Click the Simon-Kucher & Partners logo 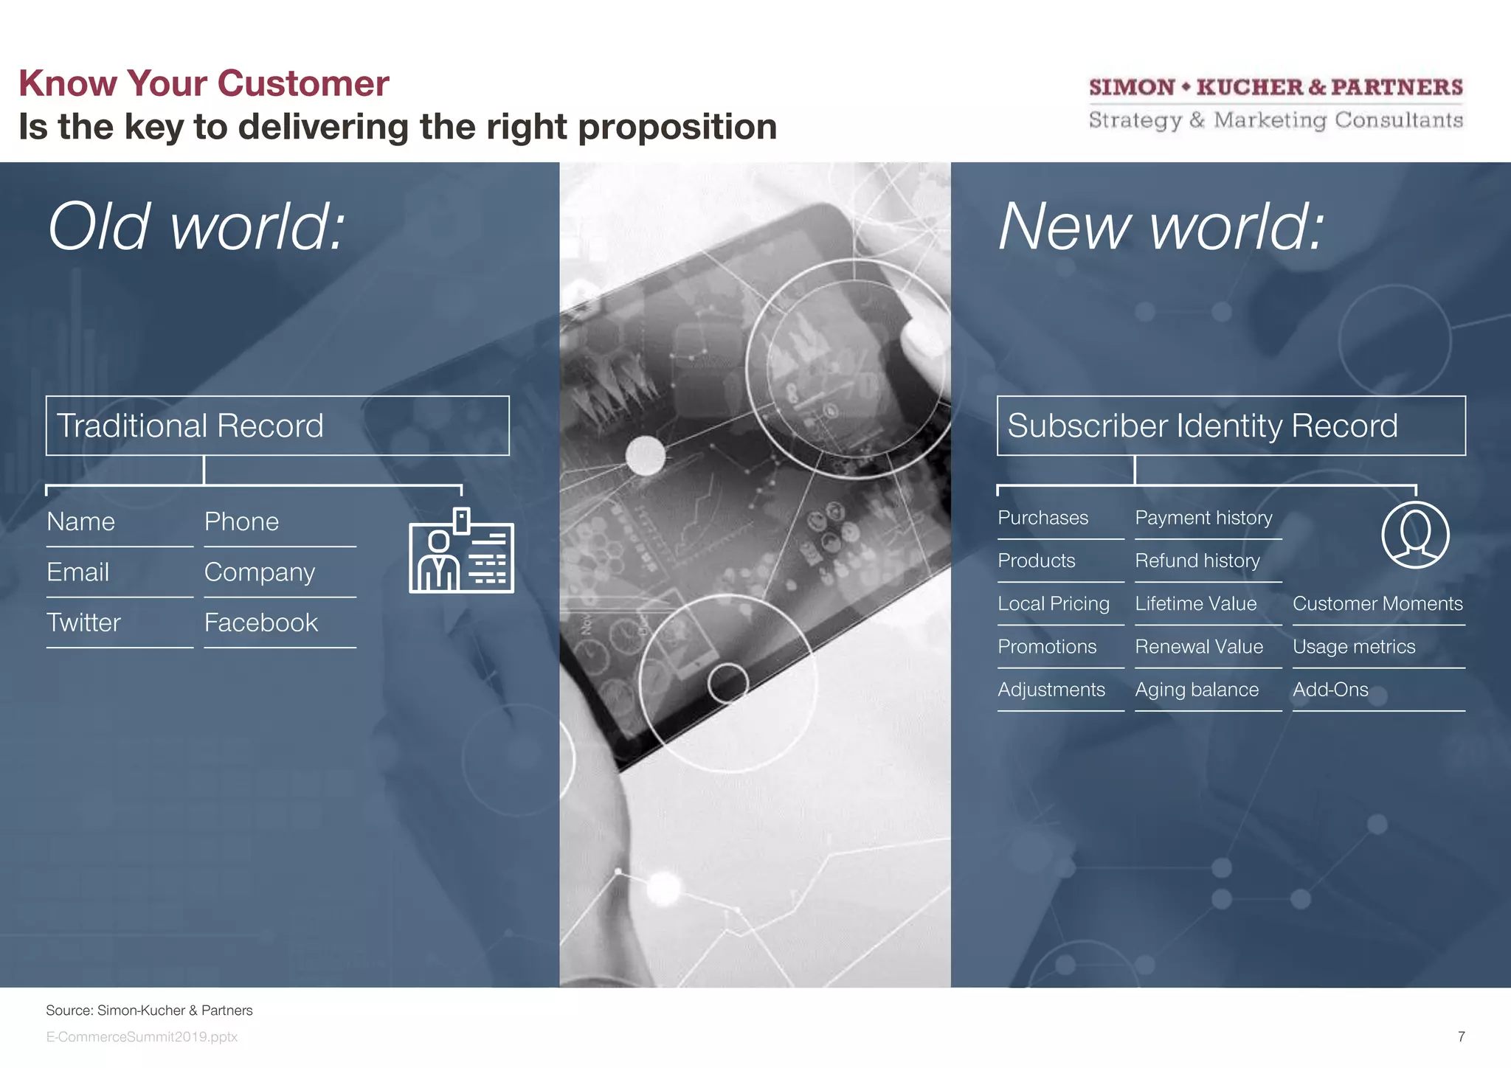1276,103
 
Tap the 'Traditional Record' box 277,426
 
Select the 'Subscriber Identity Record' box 1231,426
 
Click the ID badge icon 461,551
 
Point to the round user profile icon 1415,535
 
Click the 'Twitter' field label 83,623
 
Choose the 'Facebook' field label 261,623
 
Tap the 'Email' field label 78,572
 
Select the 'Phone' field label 241,521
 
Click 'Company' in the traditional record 260,572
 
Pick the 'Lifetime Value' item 1195,603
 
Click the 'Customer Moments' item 1377,603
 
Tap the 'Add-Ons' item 1330,690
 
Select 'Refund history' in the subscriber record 1197,561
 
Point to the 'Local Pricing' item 1053,603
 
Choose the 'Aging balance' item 1197,690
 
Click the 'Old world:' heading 196,226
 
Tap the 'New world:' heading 1161,226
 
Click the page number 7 1461,1036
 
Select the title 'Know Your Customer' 204,83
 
